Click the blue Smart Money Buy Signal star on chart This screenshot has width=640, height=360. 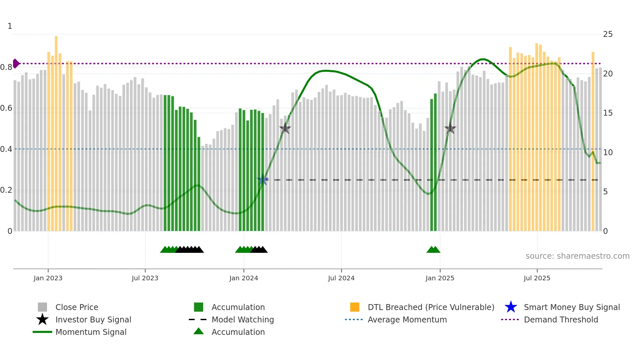(x=262, y=180)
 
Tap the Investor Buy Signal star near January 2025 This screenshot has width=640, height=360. (x=450, y=128)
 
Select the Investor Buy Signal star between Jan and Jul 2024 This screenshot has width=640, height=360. (x=285, y=128)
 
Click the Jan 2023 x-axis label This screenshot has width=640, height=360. (x=48, y=278)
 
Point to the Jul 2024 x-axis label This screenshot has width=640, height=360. (x=341, y=278)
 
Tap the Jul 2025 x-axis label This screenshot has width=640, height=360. (x=537, y=278)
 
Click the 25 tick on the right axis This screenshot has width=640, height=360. (x=608, y=34)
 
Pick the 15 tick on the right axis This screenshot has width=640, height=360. (x=608, y=113)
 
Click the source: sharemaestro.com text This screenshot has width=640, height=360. (x=577, y=256)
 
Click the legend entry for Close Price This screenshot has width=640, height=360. (x=77, y=307)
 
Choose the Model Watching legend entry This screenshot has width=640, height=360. (x=243, y=319)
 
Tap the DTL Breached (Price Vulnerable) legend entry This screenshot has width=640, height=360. (x=431, y=307)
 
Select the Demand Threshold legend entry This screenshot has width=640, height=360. (x=561, y=319)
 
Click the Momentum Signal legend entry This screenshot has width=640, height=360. (x=91, y=332)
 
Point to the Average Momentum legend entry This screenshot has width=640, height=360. (x=407, y=319)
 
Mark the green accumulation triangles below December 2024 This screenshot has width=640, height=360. (x=433, y=250)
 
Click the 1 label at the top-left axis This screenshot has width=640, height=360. (x=10, y=26)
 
